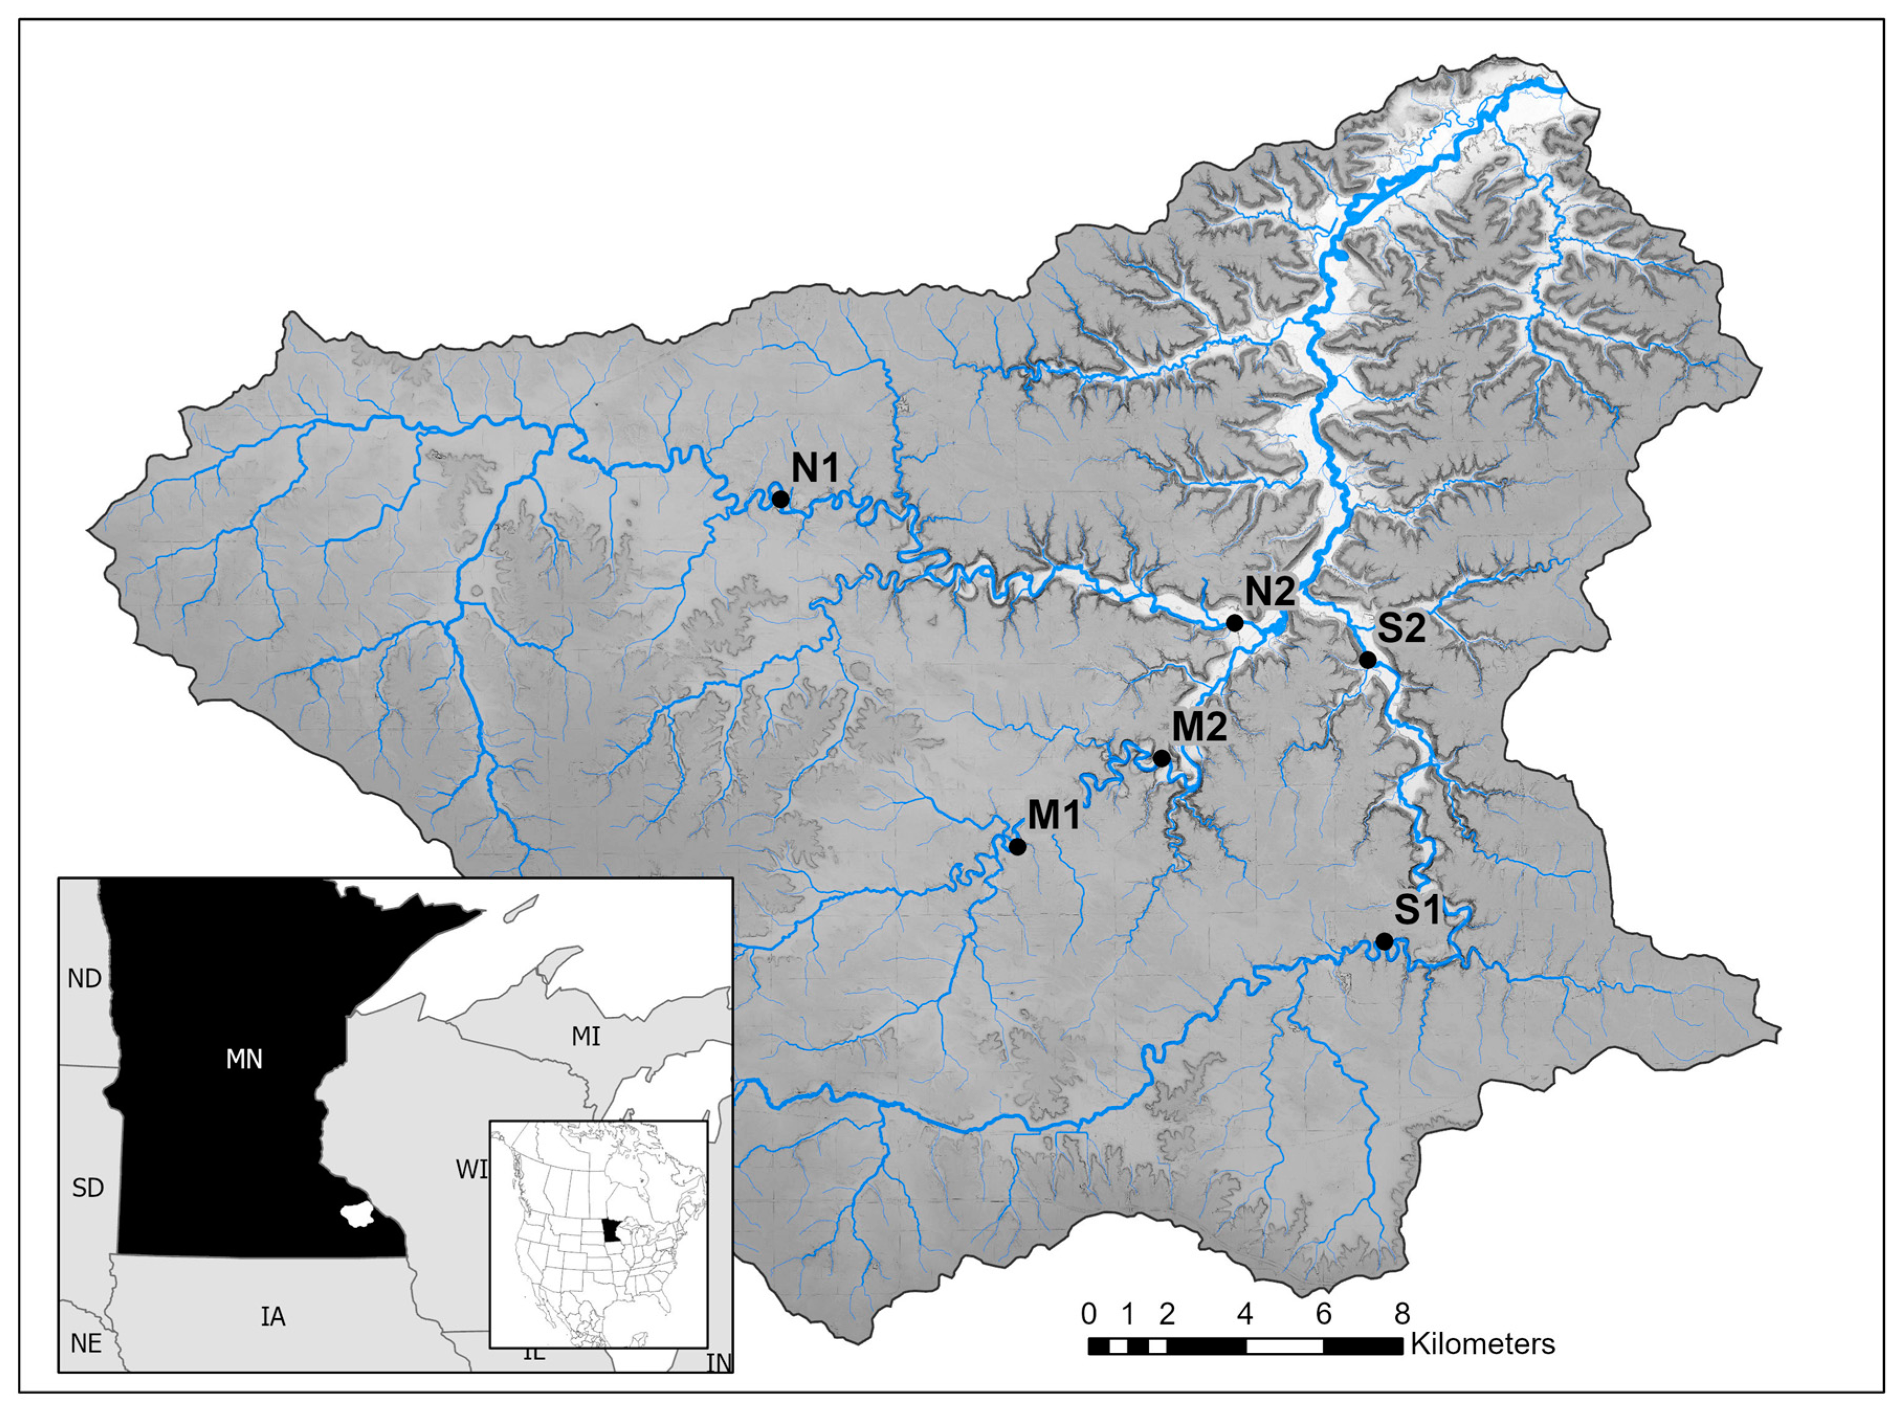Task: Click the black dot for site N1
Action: [x=780, y=498]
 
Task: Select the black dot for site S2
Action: [x=1367, y=660]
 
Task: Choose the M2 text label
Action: [x=1199, y=727]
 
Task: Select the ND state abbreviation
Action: [x=85, y=978]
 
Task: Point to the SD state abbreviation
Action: [x=87, y=1187]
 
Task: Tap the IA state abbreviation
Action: [x=273, y=1316]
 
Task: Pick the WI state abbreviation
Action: [x=471, y=1169]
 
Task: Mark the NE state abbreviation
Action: [x=85, y=1343]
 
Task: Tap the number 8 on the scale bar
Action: [x=1402, y=1313]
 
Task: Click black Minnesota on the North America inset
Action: [x=610, y=1231]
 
